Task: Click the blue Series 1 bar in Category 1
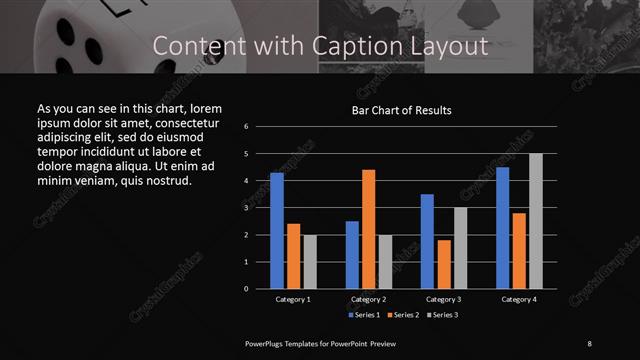pyautogui.click(x=277, y=230)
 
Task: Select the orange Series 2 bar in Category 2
pyautogui.click(x=368, y=228)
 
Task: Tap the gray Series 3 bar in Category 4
pyautogui.click(x=535, y=220)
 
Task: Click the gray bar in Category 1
pyautogui.click(x=309, y=261)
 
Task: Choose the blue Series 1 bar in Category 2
pyautogui.click(x=352, y=254)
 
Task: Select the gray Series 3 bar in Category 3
pyautogui.click(x=459, y=247)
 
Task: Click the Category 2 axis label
pyautogui.click(x=368, y=299)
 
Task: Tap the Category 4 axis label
pyautogui.click(x=518, y=299)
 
